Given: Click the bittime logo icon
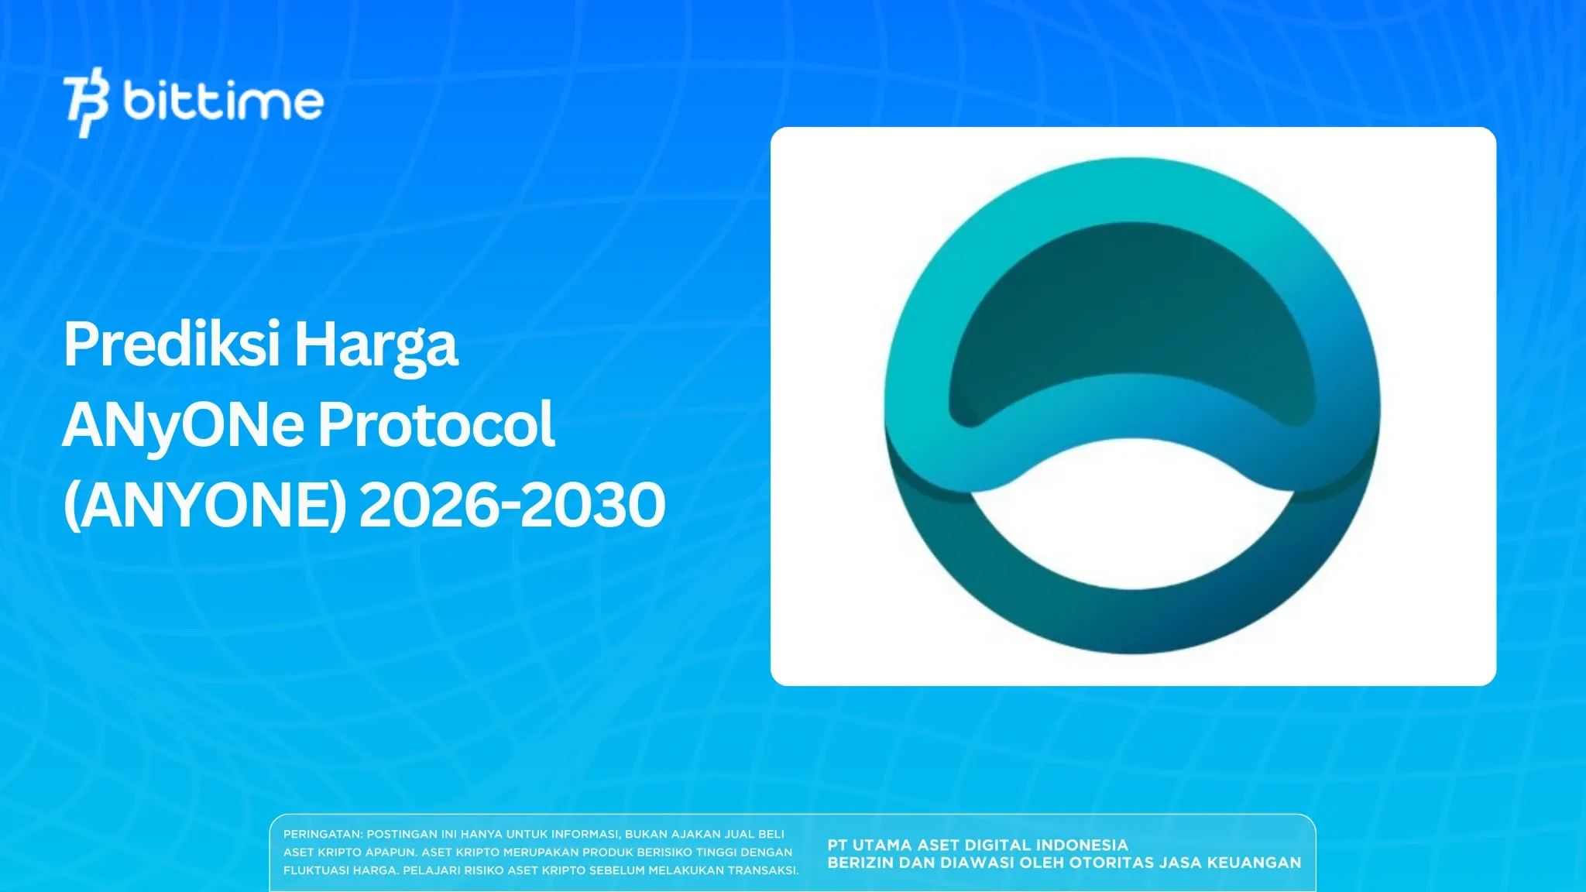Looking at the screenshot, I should [x=85, y=102].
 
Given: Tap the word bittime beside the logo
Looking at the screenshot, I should [x=223, y=101].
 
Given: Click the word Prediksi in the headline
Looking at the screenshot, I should [x=171, y=345].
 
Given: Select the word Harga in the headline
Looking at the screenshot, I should [x=376, y=346].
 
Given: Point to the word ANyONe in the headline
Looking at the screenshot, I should [x=183, y=426].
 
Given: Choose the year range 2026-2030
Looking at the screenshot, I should [x=512, y=505].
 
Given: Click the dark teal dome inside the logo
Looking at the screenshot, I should [x=1131, y=310].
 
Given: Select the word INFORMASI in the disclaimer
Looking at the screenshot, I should [x=585, y=834].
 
